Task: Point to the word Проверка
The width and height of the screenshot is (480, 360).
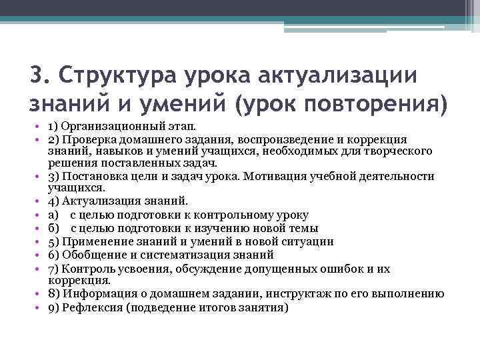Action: tap(87, 139)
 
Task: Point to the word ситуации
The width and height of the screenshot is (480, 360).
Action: tap(308, 241)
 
